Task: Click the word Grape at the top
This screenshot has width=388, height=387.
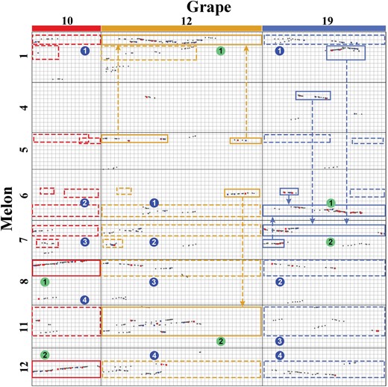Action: click(209, 7)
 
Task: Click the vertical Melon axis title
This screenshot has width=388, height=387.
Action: click(7, 208)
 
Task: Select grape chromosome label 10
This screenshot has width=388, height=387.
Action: click(67, 21)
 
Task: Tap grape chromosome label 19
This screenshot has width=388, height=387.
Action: click(328, 21)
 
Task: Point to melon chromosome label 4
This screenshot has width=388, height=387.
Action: click(25, 107)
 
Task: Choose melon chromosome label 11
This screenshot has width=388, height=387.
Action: click(25, 327)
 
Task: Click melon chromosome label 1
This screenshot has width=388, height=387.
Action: click(25, 55)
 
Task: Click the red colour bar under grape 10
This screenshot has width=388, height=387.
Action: click(66, 28)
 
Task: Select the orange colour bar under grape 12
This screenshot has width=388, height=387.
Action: click(181, 28)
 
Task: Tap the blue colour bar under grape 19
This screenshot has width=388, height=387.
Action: click(324, 28)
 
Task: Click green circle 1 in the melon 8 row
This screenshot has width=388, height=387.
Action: click(45, 282)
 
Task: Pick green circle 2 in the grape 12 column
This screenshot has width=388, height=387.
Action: click(221, 342)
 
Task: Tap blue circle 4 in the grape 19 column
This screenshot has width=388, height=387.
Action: click(280, 356)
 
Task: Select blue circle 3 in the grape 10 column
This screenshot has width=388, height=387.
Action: click(85, 242)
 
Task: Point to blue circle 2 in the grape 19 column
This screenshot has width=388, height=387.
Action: click(280, 282)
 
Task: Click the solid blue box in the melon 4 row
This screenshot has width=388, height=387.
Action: click(313, 92)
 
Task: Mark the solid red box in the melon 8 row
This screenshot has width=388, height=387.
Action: click(66, 260)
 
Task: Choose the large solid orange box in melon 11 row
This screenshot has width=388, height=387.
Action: click(181, 307)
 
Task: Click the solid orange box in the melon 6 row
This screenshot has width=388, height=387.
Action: click(242, 189)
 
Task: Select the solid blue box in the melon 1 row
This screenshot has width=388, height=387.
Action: click(345, 46)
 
